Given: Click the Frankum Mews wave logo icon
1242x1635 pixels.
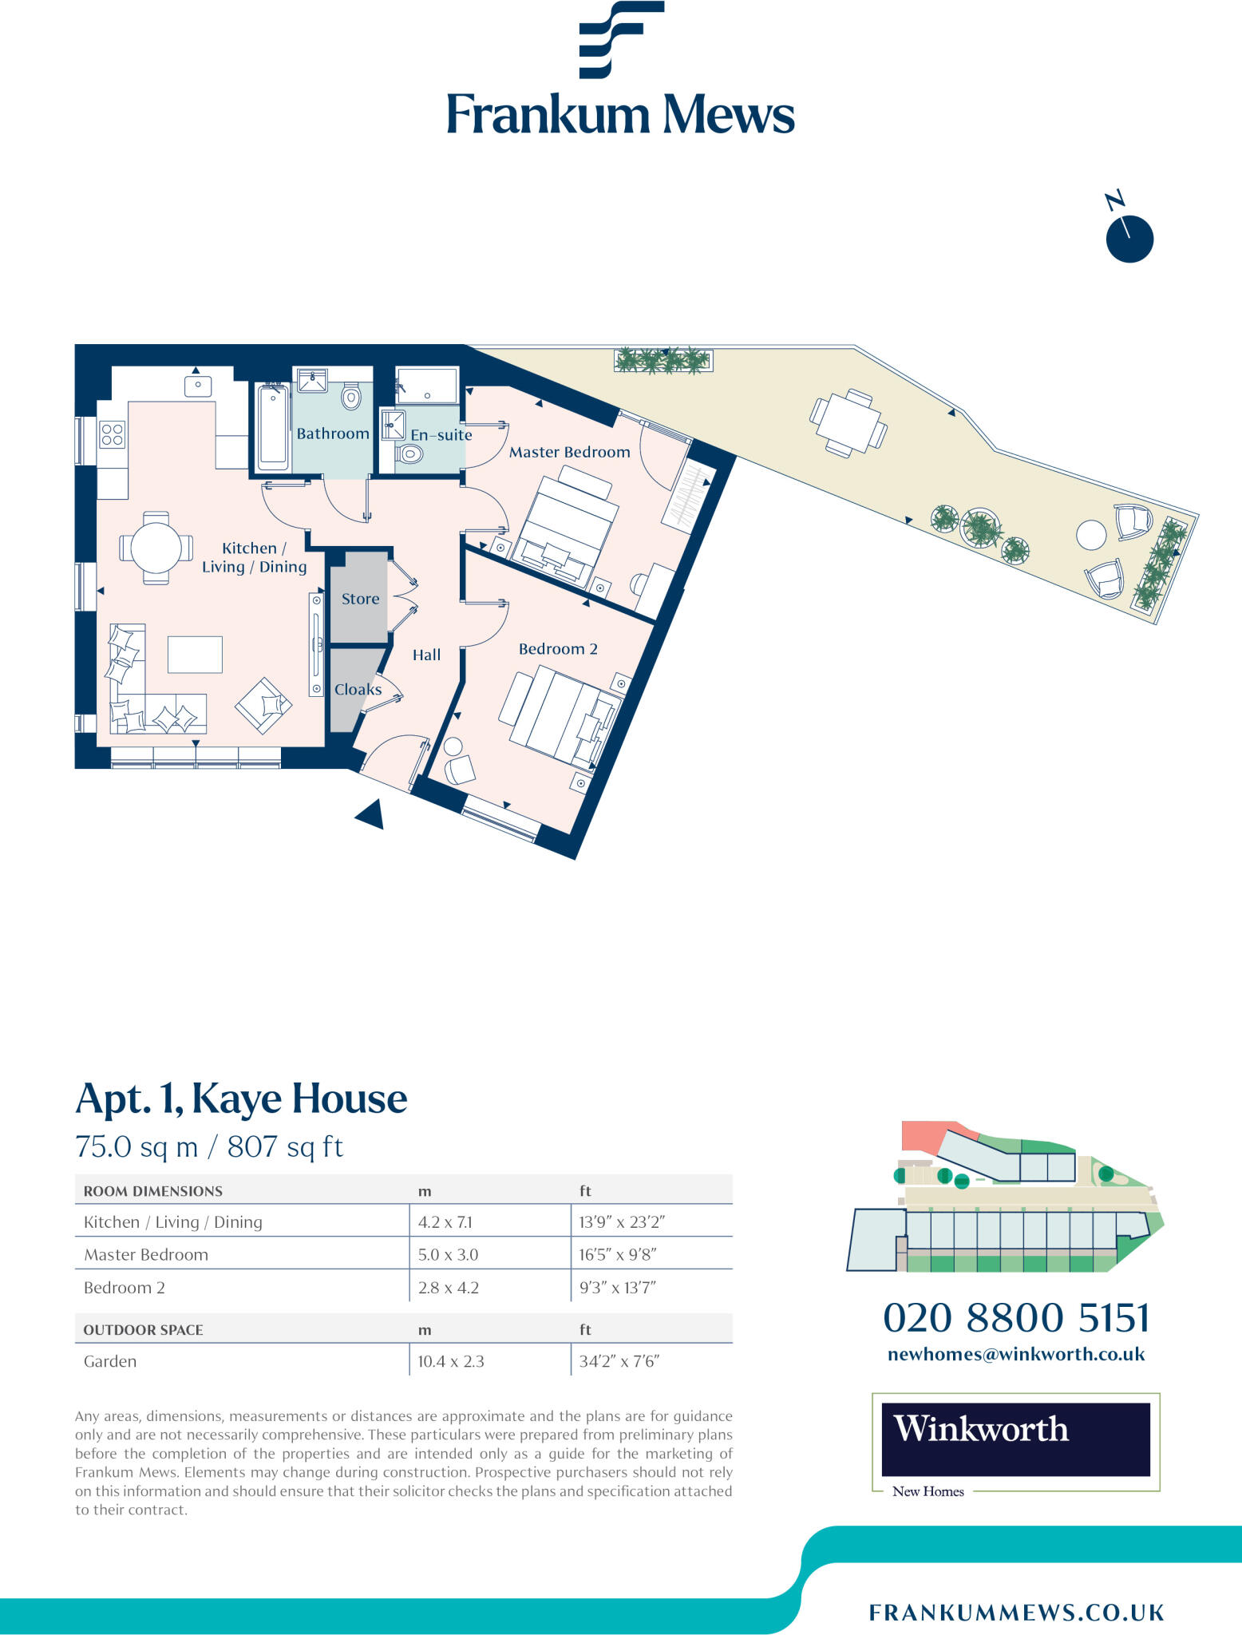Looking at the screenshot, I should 620,39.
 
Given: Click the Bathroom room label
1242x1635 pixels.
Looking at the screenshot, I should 333,433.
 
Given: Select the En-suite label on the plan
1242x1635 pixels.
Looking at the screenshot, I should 441,435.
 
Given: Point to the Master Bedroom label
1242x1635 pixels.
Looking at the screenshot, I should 569,452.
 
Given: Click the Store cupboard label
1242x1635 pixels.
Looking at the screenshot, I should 360,599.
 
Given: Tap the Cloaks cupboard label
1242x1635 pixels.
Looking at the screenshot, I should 358,689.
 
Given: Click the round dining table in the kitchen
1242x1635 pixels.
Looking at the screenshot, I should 156,548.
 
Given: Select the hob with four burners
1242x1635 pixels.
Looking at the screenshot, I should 113,434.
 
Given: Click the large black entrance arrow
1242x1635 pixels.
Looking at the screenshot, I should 371,815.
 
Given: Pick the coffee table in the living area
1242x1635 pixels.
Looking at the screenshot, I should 195,655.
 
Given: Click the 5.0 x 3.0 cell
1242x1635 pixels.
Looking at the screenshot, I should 448,1254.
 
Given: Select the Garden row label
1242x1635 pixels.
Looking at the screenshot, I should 110,1361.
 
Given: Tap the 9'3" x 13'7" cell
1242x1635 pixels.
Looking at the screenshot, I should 617,1287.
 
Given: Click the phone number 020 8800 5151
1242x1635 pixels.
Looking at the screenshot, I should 1016,1317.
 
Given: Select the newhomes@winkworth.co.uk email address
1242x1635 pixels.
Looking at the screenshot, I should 1016,1354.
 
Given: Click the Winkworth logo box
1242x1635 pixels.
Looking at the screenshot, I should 1015,1439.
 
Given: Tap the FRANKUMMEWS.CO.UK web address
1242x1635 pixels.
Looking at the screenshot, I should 1016,1613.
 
